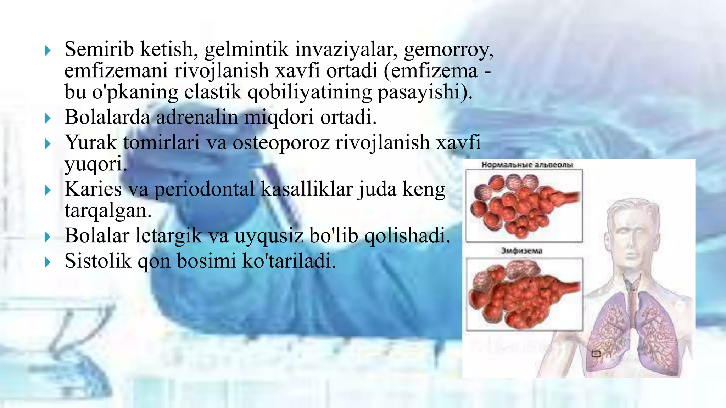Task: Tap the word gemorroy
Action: (x=448, y=50)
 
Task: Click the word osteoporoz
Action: (x=281, y=143)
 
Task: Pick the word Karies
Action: (x=93, y=189)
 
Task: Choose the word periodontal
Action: (x=204, y=189)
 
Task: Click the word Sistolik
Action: (x=98, y=261)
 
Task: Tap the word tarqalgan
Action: (x=108, y=210)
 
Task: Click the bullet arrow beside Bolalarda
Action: (x=48, y=118)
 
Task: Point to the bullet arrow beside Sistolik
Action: (x=48, y=262)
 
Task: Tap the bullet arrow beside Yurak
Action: (x=48, y=144)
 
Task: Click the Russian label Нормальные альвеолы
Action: (x=527, y=165)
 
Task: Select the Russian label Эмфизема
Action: (x=521, y=251)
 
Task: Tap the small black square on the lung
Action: (x=596, y=353)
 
